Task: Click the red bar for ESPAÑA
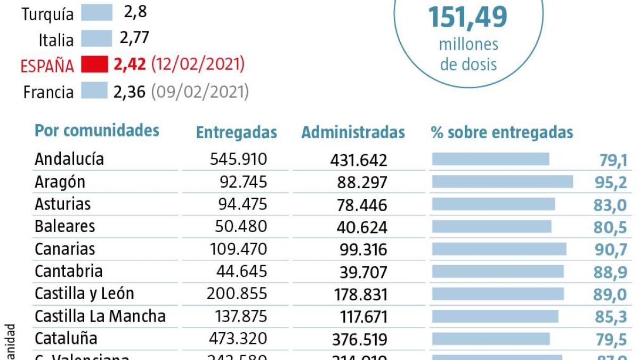click(x=95, y=65)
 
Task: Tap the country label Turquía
click(x=48, y=14)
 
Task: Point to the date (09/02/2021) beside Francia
click(x=200, y=92)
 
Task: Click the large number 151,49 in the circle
click(x=468, y=17)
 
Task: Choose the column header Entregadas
click(x=236, y=133)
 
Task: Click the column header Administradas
click(x=353, y=133)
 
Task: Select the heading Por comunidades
click(x=96, y=131)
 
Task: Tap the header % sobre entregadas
click(x=502, y=133)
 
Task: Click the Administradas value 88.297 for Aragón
click(x=362, y=182)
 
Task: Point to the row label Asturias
click(x=63, y=204)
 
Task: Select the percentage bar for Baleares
click(x=491, y=227)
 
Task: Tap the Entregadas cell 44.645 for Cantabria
click(x=241, y=271)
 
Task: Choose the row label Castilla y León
click(x=84, y=294)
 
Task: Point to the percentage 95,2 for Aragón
click(x=610, y=183)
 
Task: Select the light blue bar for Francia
click(x=94, y=92)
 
